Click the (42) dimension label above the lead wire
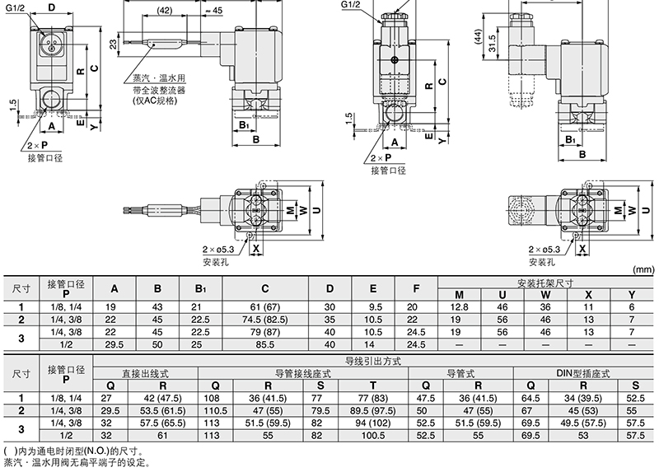pyautogui.click(x=164, y=11)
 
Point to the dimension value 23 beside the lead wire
pyautogui.click(x=114, y=44)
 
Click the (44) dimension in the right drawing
pyautogui.click(x=478, y=36)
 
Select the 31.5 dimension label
pyautogui.click(x=492, y=44)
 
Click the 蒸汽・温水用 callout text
pyautogui.click(x=159, y=78)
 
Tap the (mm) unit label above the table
pyautogui.click(x=643, y=269)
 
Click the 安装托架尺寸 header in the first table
pyautogui.click(x=545, y=283)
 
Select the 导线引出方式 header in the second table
pyautogui.click(x=373, y=361)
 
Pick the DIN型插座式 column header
pyautogui.click(x=583, y=373)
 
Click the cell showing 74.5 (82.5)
pyautogui.click(x=264, y=320)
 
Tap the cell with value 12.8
pyautogui.click(x=459, y=307)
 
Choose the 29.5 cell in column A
pyautogui.click(x=115, y=344)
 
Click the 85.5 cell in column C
pyautogui.click(x=264, y=344)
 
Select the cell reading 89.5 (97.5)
pyautogui.click(x=373, y=411)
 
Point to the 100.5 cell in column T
pyautogui.click(x=373, y=436)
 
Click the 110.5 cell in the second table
pyautogui.click(x=215, y=411)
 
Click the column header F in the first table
pyautogui.click(x=416, y=288)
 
